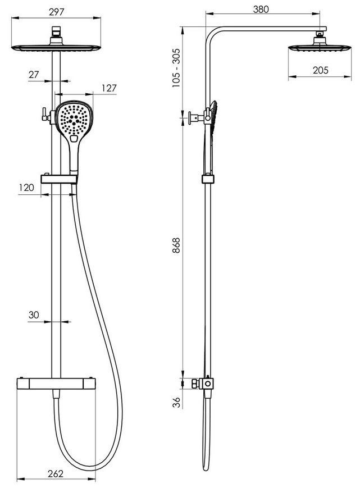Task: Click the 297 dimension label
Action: point(56,12)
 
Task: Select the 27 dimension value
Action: point(34,75)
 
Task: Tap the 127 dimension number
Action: point(109,88)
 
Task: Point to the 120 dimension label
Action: point(26,188)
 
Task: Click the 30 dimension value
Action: point(34,315)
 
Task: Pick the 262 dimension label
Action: point(56,473)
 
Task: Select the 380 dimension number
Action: point(261,10)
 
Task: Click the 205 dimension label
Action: point(321,70)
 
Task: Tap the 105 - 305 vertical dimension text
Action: point(176,67)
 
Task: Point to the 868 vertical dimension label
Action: point(176,245)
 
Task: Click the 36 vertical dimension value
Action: point(177,403)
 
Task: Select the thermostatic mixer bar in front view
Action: point(56,383)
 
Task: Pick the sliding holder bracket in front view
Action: point(59,179)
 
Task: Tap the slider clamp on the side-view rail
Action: point(208,179)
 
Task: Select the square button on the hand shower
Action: point(74,139)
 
